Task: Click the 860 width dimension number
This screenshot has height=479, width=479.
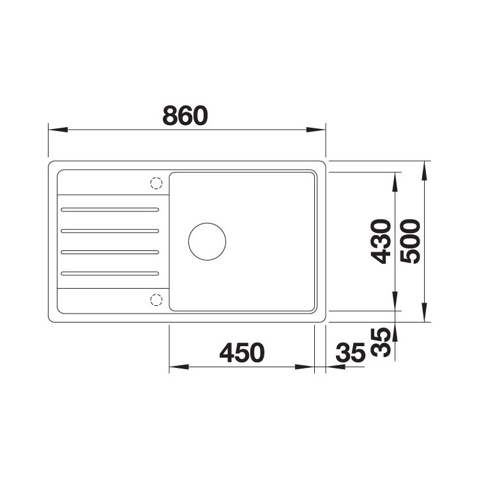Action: click(185, 116)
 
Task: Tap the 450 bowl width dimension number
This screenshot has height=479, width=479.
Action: click(242, 352)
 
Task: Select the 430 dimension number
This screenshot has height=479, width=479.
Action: click(381, 241)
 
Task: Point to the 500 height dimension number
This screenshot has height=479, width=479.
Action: click(410, 241)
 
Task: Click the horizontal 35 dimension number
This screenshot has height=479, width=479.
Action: click(351, 352)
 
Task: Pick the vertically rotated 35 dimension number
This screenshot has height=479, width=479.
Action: click(381, 342)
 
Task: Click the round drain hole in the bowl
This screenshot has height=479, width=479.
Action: click(207, 241)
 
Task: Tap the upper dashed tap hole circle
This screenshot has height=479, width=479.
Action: click(156, 183)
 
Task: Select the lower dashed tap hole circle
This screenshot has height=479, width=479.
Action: click(156, 300)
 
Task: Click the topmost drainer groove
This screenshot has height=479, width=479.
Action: click(110, 209)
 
